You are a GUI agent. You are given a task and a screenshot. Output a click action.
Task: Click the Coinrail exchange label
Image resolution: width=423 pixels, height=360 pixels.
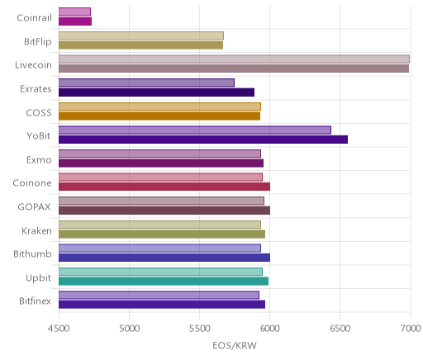34,18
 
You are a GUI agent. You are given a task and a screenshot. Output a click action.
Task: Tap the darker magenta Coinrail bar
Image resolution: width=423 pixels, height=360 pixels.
75,21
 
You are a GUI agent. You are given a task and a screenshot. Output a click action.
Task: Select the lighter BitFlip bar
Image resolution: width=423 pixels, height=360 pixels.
141,36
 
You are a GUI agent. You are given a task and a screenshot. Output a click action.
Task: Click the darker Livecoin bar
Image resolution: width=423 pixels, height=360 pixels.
234,69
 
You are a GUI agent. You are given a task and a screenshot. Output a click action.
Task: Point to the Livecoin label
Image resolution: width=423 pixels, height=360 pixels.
33,65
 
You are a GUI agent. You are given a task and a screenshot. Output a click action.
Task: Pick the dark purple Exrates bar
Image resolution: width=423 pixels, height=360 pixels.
156,92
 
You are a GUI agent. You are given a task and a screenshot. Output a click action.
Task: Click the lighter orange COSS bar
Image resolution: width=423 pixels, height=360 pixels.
159,107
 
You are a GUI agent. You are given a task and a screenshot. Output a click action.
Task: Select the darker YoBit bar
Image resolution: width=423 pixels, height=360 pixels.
203,140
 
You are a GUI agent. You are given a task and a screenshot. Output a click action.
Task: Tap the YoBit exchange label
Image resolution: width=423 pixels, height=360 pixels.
39,136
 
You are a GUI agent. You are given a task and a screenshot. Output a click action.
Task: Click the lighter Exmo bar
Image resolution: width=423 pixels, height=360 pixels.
159,154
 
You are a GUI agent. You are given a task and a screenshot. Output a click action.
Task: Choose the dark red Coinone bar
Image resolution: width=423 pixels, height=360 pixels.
164,187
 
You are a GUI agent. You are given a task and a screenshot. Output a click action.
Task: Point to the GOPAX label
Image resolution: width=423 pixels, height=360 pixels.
35,207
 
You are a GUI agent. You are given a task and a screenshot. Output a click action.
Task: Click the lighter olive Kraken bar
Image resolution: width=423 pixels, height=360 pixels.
159,225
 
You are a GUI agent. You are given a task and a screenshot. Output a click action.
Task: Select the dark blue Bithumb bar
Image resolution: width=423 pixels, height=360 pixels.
164,258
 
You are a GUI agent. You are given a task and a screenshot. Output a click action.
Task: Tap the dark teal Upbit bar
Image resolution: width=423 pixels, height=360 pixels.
164,282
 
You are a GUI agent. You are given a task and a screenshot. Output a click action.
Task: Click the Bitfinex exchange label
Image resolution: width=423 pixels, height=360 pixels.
35,301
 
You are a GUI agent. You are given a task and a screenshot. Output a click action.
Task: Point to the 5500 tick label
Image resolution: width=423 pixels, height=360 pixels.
200,329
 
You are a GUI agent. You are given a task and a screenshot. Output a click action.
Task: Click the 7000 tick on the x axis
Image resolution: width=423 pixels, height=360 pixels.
411,329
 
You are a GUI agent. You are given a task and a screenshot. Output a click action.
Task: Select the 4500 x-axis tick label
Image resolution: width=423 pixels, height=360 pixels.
59,329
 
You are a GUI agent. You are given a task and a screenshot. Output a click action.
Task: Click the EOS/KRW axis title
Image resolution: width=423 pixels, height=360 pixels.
235,345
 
